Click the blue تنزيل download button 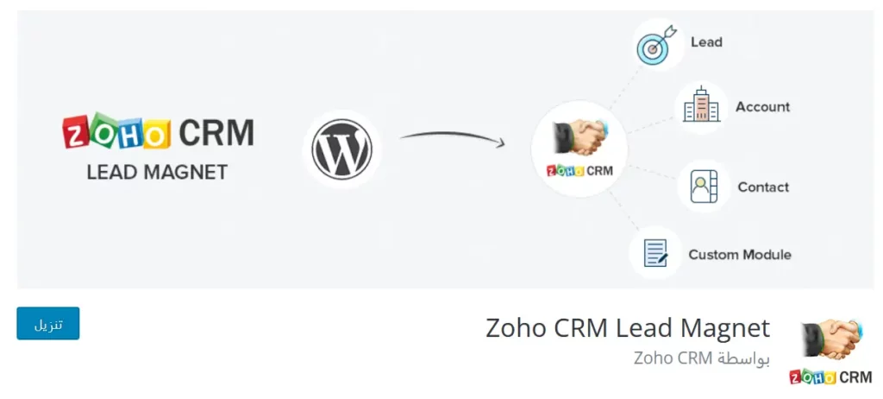click(x=48, y=324)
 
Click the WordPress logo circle click(x=341, y=148)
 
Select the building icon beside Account click(x=700, y=107)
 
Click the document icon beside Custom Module click(x=654, y=253)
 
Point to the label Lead click(x=706, y=41)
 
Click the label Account click(x=762, y=107)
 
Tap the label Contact click(x=763, y=187)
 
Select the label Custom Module click(x=739, y=255)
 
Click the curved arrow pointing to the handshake click(x=452, y=137)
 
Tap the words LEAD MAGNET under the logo click(x=157, y=172)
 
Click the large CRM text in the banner click(x=216, y=133)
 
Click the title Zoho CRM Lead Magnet click(x=627, y=328)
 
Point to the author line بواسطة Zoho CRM click(x=701, y=358)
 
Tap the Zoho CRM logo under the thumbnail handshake click(x=830, y=377)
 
